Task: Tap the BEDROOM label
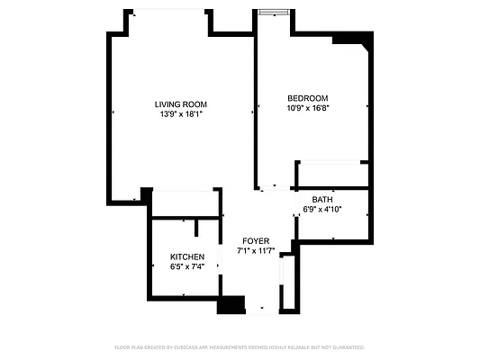point(307,98)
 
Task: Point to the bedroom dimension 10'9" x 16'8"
point(307,108)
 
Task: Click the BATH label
point(322,200)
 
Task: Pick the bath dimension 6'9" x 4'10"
point(322,210)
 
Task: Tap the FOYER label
point(255,241)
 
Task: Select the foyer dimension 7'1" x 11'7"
point(255,251)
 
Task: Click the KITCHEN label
point(186,256)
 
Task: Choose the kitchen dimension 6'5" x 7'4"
point(186,266)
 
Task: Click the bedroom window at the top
point(273,12)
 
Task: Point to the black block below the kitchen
point(231,305)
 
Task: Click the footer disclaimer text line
point(240,346)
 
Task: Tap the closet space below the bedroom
point(331,174)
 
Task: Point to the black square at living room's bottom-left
point(146,194)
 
